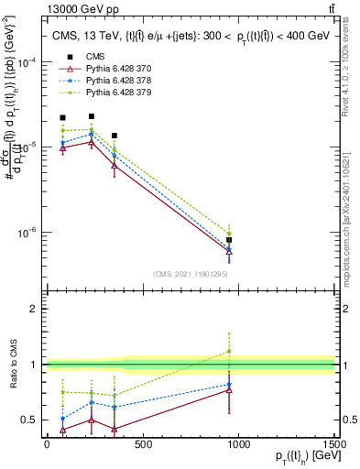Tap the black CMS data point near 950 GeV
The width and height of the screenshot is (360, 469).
pos(229,240)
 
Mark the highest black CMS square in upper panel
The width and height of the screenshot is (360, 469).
pos(92,116)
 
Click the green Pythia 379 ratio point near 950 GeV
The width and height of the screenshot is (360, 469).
pos(229,351)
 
